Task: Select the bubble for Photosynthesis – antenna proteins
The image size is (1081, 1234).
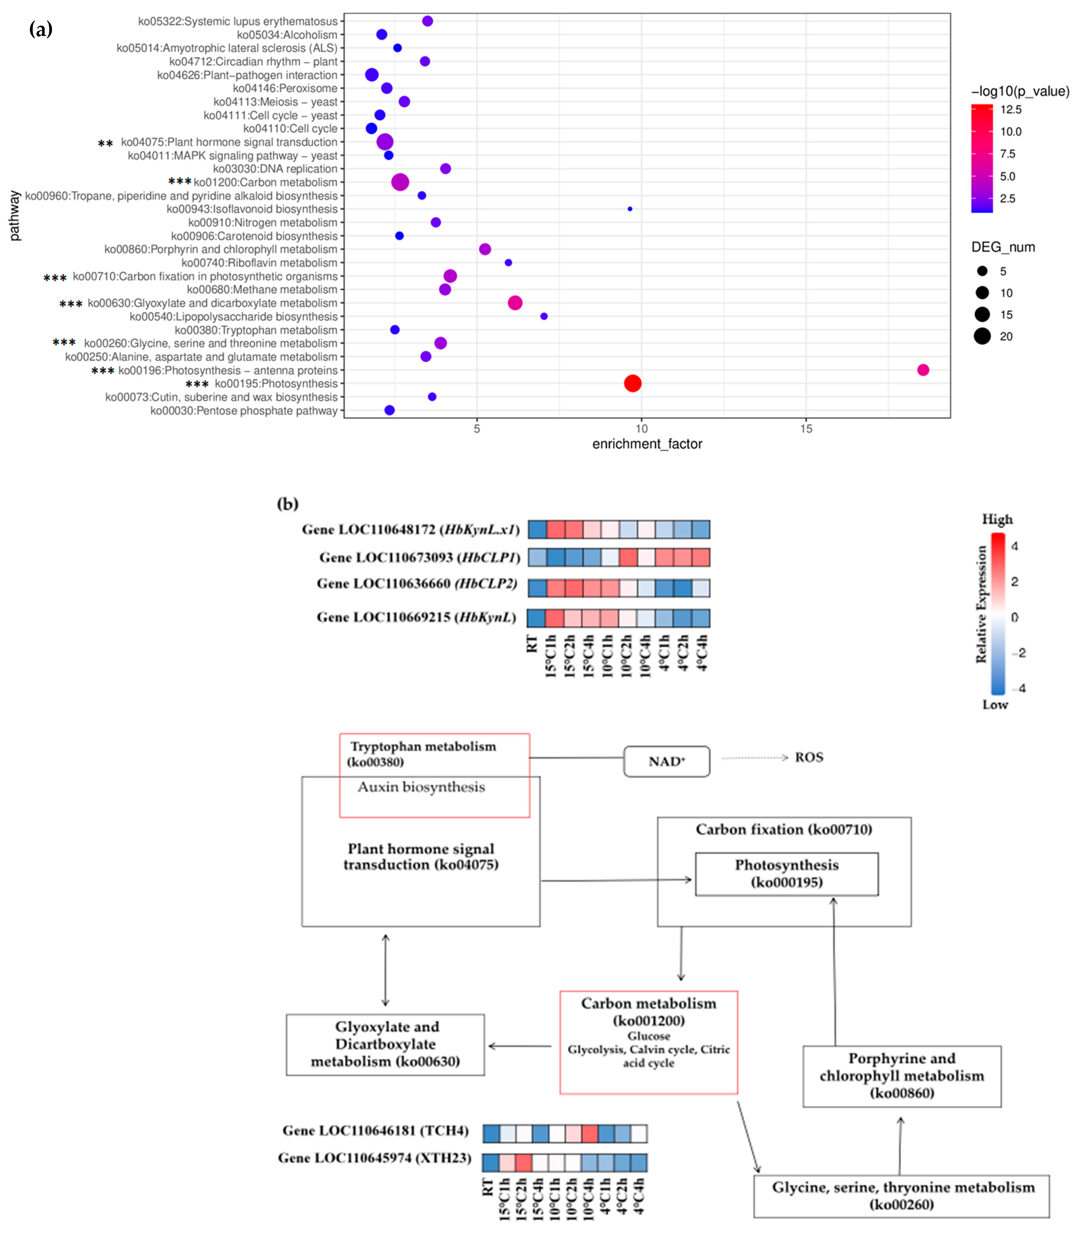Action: click(923, 370)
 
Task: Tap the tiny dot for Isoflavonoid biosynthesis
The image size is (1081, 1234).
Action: click(630, 209)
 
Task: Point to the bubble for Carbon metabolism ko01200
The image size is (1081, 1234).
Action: click(400, 182)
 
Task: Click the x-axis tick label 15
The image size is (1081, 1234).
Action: click(806, 429)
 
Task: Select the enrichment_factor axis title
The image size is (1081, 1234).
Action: click(647, 444)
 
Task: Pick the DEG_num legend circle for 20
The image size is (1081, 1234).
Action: click(982, 336)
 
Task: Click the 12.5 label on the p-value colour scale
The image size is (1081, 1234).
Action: click(1011, 109)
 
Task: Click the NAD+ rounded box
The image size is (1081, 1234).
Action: click(667, 761)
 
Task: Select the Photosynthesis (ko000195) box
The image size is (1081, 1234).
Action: click(787, 873)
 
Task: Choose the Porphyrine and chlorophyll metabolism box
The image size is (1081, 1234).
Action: click(902, 1076)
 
